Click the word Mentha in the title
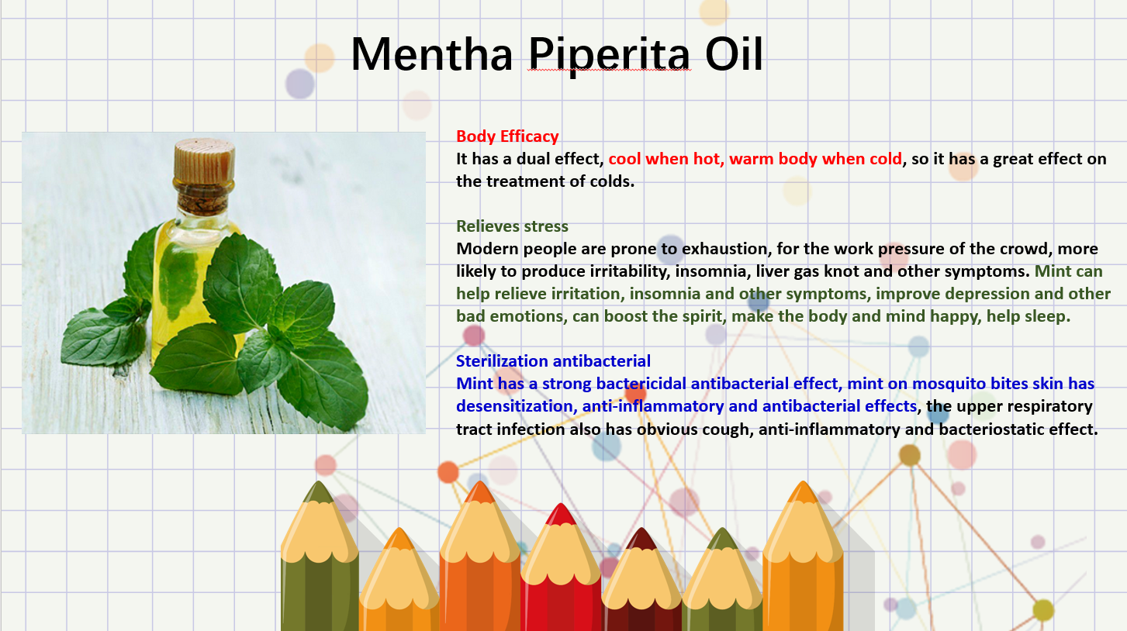(432, 53)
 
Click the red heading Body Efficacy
(507, 136)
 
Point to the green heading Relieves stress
(512, 226)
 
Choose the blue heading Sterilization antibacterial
(553, 361)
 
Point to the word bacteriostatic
(990, 429)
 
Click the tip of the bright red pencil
(561, 505)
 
